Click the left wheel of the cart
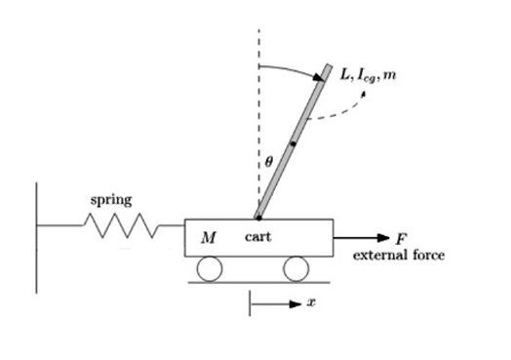click(x=210, y=267)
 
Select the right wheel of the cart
click(x=295, y=267)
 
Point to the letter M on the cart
click(x=208, y=237)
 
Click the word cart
click(x=257, y=237)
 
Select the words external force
click(x=398, y=255)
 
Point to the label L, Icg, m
click(x=368, y=75)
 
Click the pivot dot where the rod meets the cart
click(x=258, y=218)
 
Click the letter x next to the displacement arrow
click(x=311, y=303)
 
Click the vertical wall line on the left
click(x=37, y=234)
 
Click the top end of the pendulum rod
click(x=327, y=70)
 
